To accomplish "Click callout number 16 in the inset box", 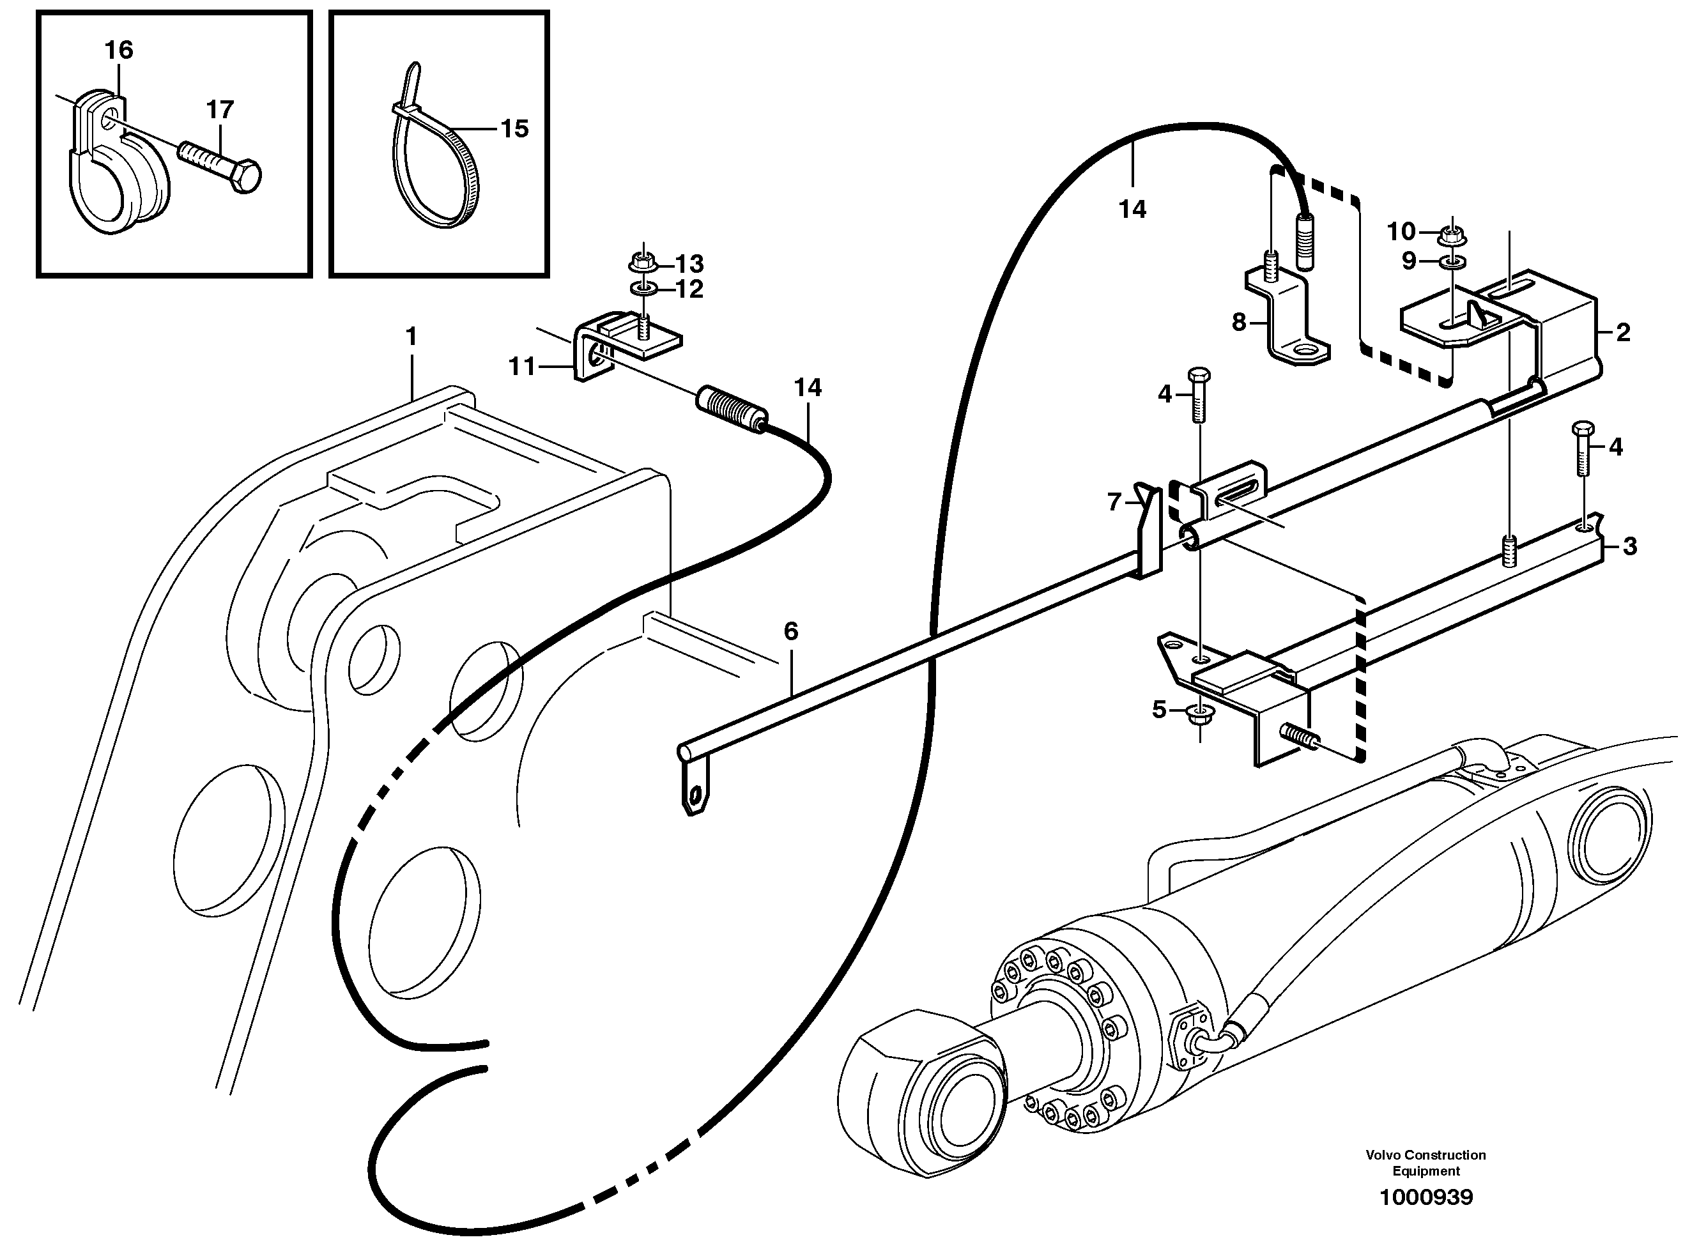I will tap(119, 50).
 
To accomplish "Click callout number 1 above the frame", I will tap(411, 336).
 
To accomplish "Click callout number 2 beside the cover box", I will tap(1623, 332).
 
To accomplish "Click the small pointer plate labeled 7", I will tap(1146, 526).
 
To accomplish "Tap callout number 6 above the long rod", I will tap(791, 631).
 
